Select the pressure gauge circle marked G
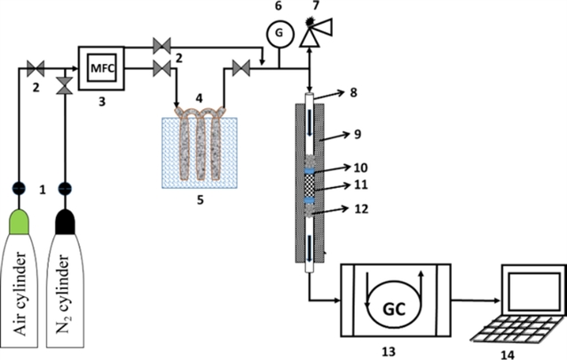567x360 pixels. pyautogui.click(x=278, y=31)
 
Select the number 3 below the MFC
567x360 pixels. pyautogui.click(x=104, y=100)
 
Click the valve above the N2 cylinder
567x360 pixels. pyautogui.click(x=63, y=85)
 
